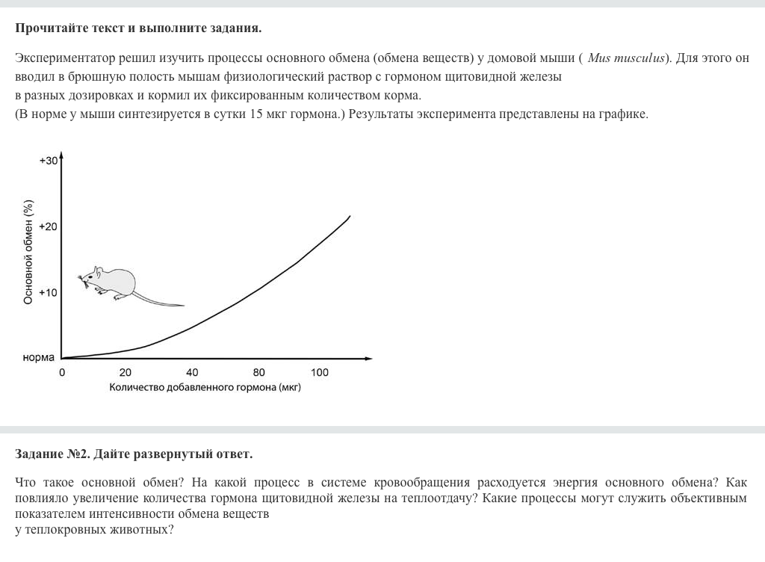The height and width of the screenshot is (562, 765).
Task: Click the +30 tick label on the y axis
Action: pos(48,161)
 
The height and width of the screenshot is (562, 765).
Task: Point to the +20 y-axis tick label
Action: pos(48,226)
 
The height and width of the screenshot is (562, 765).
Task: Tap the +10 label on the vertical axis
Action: pos(48,292)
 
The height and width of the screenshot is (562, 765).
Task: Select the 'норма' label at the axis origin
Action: pos(38,357)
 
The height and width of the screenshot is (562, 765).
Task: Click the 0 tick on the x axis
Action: pos(62,372)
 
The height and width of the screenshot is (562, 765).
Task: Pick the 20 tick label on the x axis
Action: pos(125,372)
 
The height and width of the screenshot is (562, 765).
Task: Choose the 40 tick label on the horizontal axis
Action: pos(192,372)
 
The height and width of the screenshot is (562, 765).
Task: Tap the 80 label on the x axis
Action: pos(258,372)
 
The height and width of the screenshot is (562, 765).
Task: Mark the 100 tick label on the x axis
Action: pos(320,372)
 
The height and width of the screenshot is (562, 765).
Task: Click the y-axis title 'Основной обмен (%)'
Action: pos(28,252)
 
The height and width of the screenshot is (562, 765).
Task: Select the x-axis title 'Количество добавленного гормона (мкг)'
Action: pos(205,387)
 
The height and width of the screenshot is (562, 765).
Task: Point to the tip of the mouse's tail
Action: pos(184,305)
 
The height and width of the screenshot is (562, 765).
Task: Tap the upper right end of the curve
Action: pos(350,216)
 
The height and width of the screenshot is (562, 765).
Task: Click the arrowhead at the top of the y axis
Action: pos(62,157)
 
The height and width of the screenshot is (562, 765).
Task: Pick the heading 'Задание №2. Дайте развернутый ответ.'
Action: pos(134,454)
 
